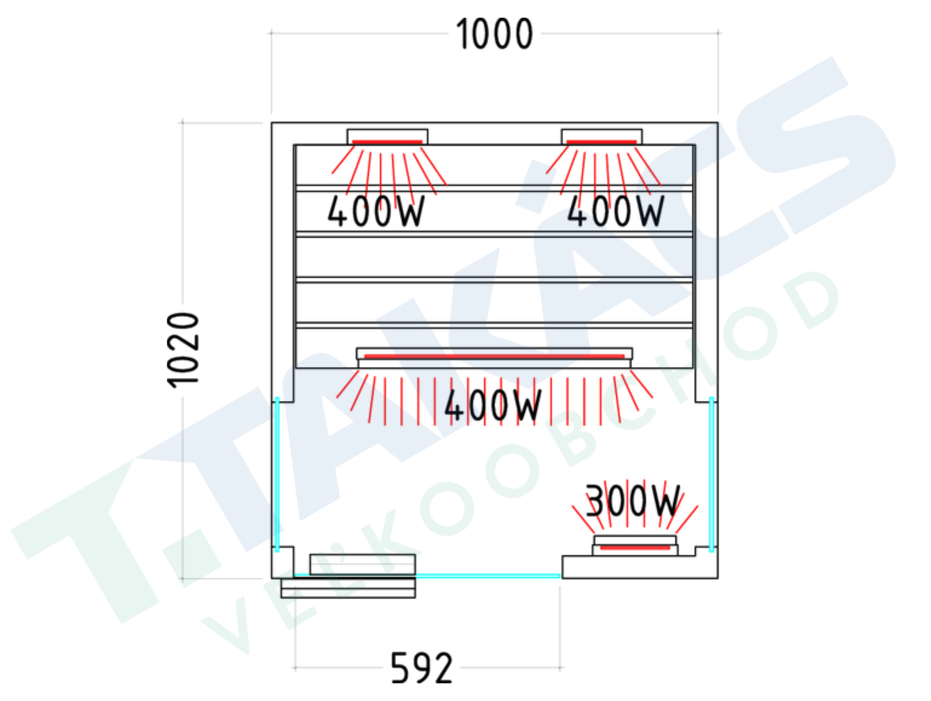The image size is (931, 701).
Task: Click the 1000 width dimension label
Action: pos(495,34)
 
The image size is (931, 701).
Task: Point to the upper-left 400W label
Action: pos(376,211)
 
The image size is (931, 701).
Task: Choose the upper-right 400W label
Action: pos(616,211)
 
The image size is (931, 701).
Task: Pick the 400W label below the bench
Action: pos(493,405)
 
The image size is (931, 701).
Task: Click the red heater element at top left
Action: pos(387,142)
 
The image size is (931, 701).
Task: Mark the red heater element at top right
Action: pos(601,142)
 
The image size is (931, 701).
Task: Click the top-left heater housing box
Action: pos(387,137)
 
